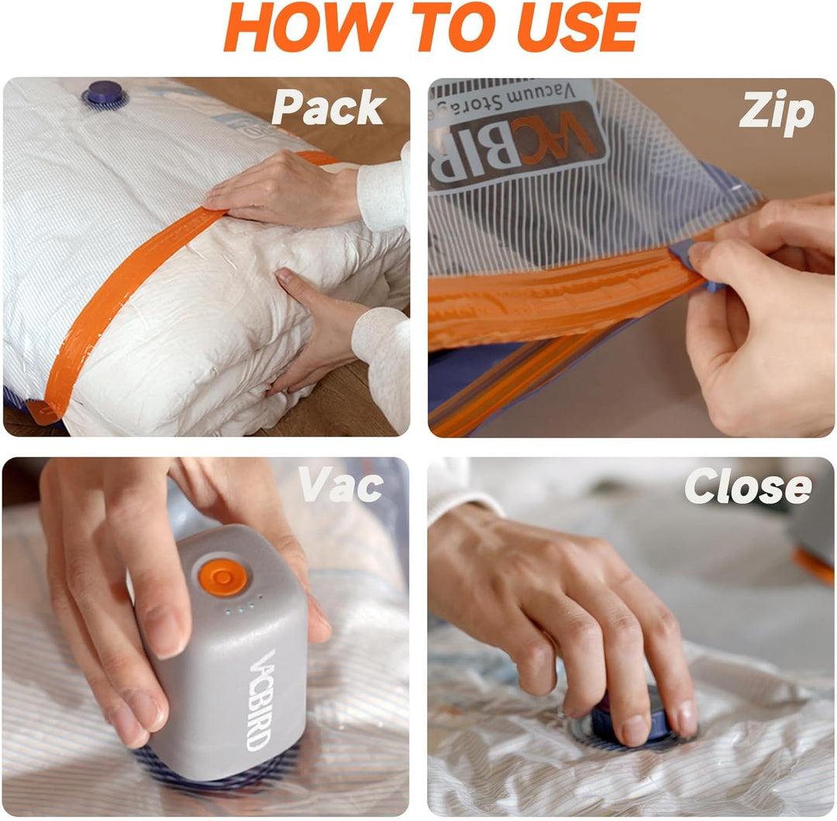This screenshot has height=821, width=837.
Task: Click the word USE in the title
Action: click(578, 27)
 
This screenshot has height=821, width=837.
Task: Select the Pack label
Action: click(329, 107)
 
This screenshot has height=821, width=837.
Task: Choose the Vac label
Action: click(340, 485)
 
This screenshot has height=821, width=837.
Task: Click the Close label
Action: click(749, 486)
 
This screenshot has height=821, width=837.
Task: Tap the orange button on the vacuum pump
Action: click(222, 577)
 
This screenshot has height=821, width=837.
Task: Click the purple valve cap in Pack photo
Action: click(105, 93)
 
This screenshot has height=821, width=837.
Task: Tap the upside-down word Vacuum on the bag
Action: click(541, 95)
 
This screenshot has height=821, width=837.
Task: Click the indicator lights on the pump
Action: click(241, 606)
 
